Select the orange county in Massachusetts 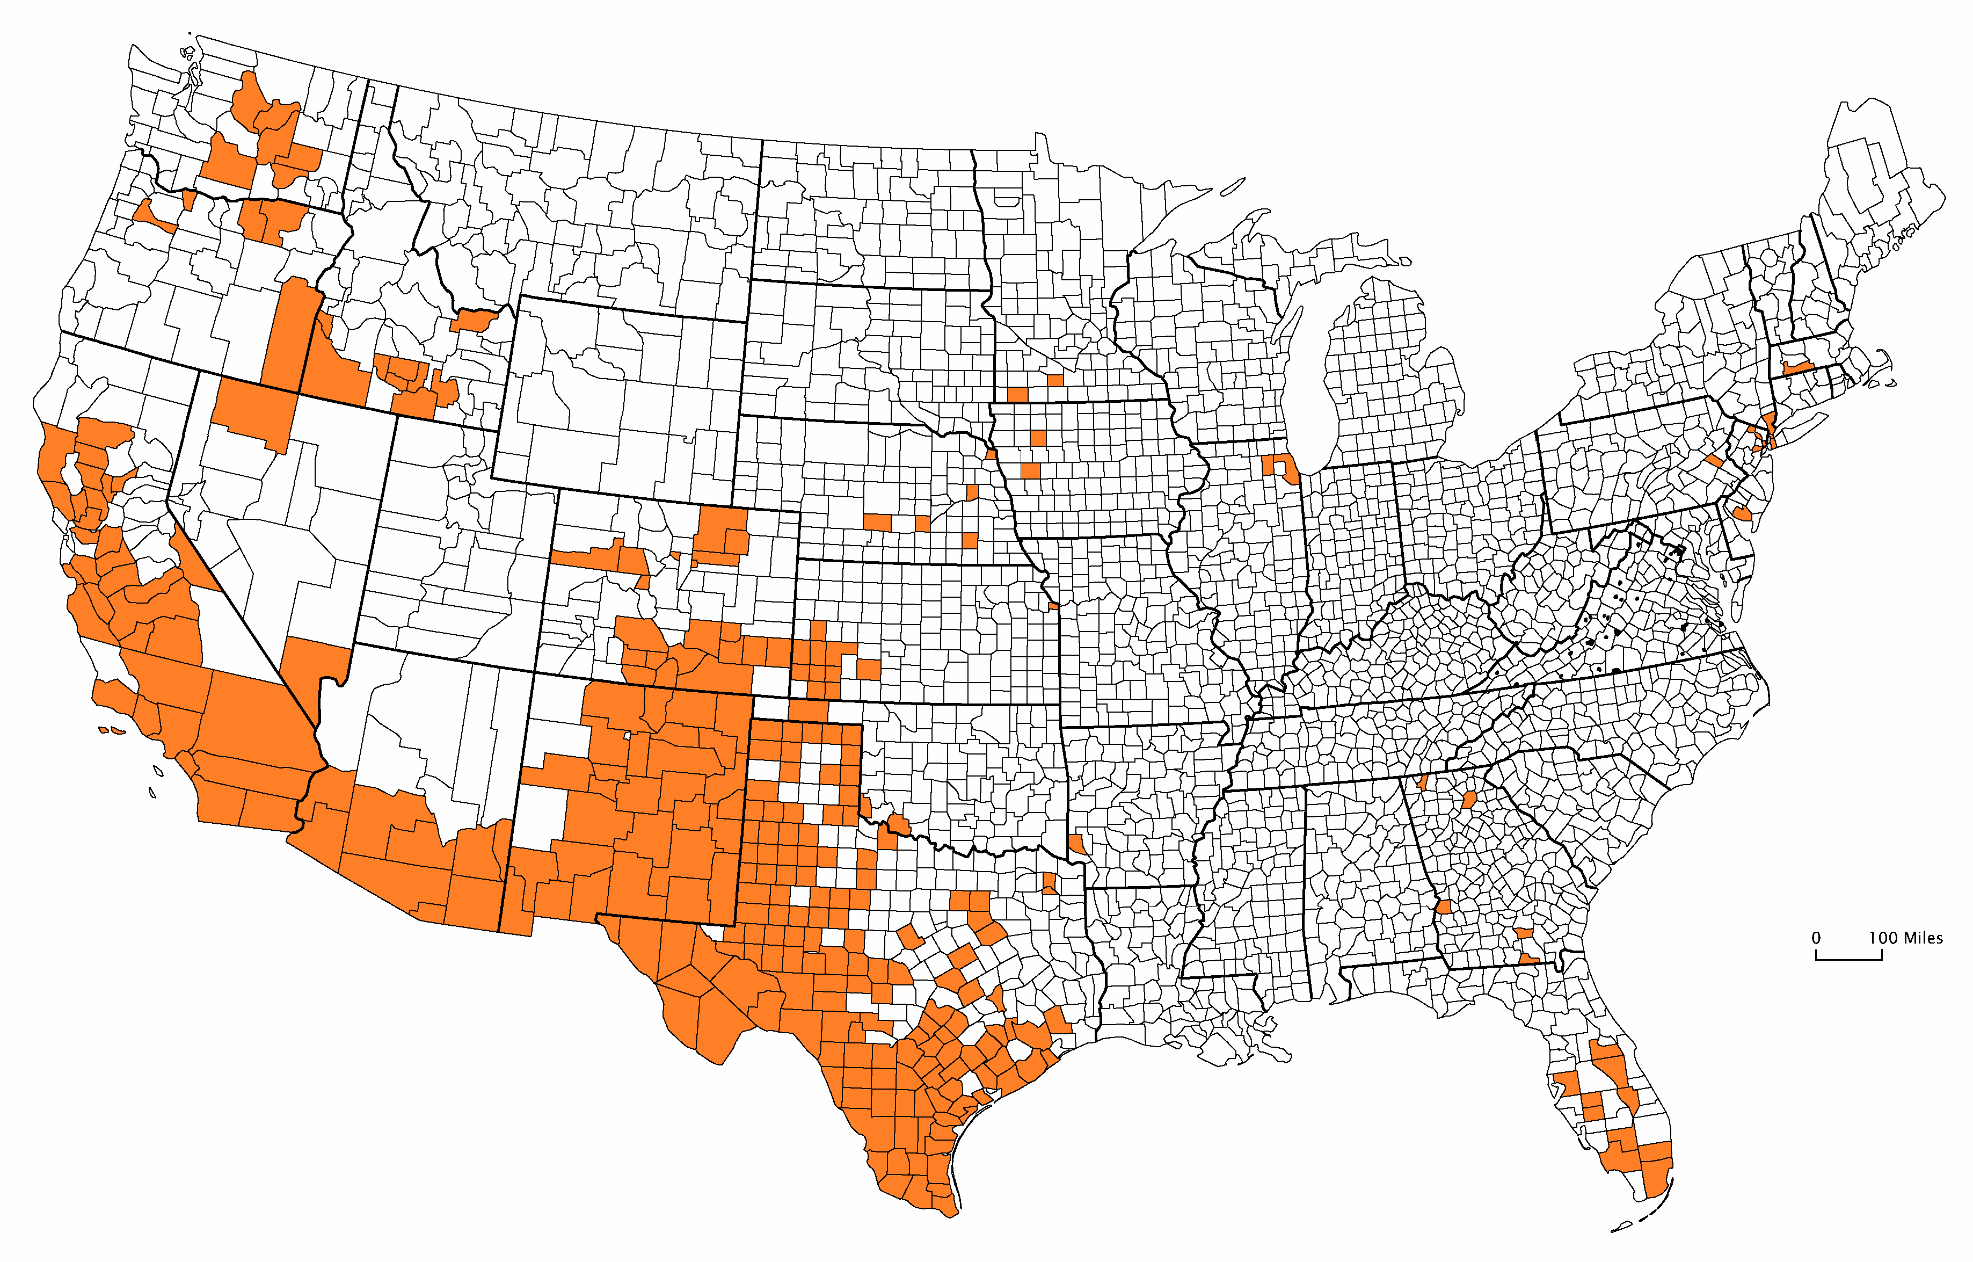coord(1799,367)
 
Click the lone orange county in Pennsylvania coord(1714,461)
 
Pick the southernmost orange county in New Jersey coord(1742,514)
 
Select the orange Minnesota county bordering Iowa coord(1017,394)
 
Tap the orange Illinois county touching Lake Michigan coord(1290,470)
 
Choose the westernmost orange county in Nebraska coord(877,522)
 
